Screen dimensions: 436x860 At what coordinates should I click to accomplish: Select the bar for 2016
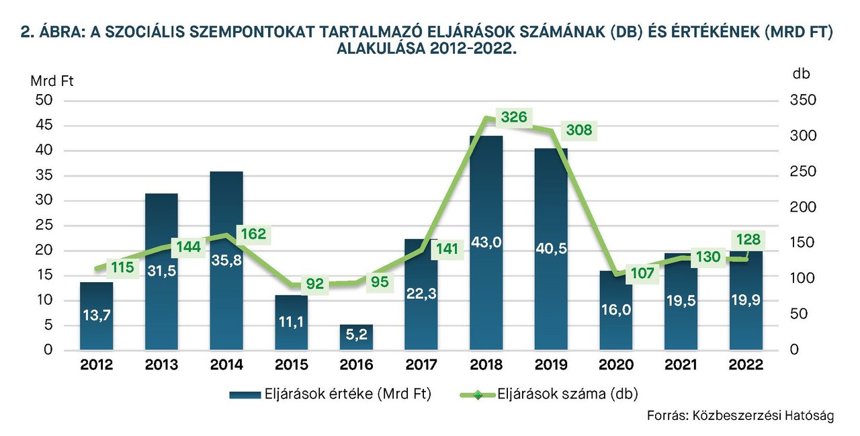tap(357, 337)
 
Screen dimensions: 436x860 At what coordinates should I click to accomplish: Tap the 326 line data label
tap(514, 117)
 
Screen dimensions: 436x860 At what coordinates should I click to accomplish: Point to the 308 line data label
tap(578, 130)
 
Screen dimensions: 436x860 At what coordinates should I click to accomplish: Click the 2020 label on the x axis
tap(616, 365)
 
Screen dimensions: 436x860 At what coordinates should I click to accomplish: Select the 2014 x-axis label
tap(226, 365)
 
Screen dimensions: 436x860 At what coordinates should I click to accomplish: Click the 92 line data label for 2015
tap(314, 284)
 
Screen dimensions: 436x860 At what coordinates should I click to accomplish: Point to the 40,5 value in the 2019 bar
tap(551, 249)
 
